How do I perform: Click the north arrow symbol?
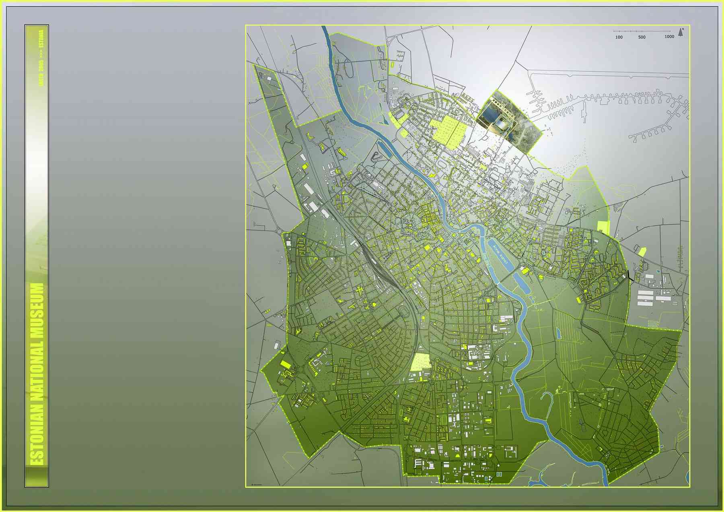[681, 32]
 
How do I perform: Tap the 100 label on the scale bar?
[619, 37]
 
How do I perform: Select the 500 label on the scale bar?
[642, 37]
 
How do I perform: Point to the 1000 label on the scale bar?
[669, 37]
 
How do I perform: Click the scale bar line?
[642, 31]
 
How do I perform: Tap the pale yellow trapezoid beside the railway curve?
[420, 361]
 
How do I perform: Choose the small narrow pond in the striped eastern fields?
[559, 333]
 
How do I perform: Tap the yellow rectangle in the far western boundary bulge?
[286, 364]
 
